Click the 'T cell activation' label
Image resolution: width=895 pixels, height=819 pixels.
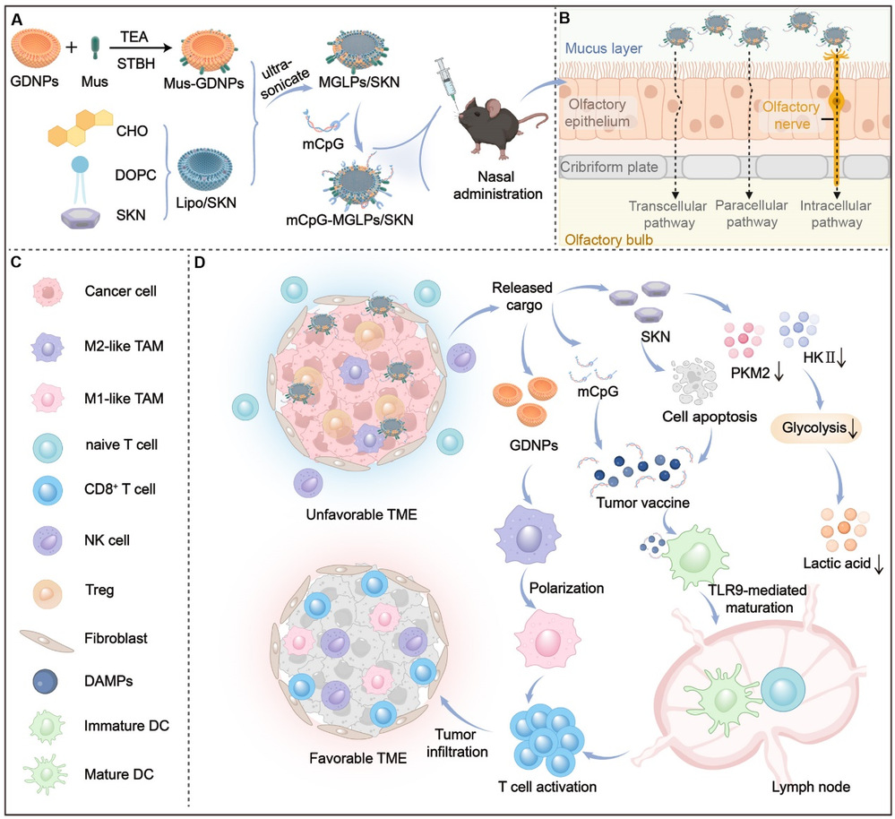547,785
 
